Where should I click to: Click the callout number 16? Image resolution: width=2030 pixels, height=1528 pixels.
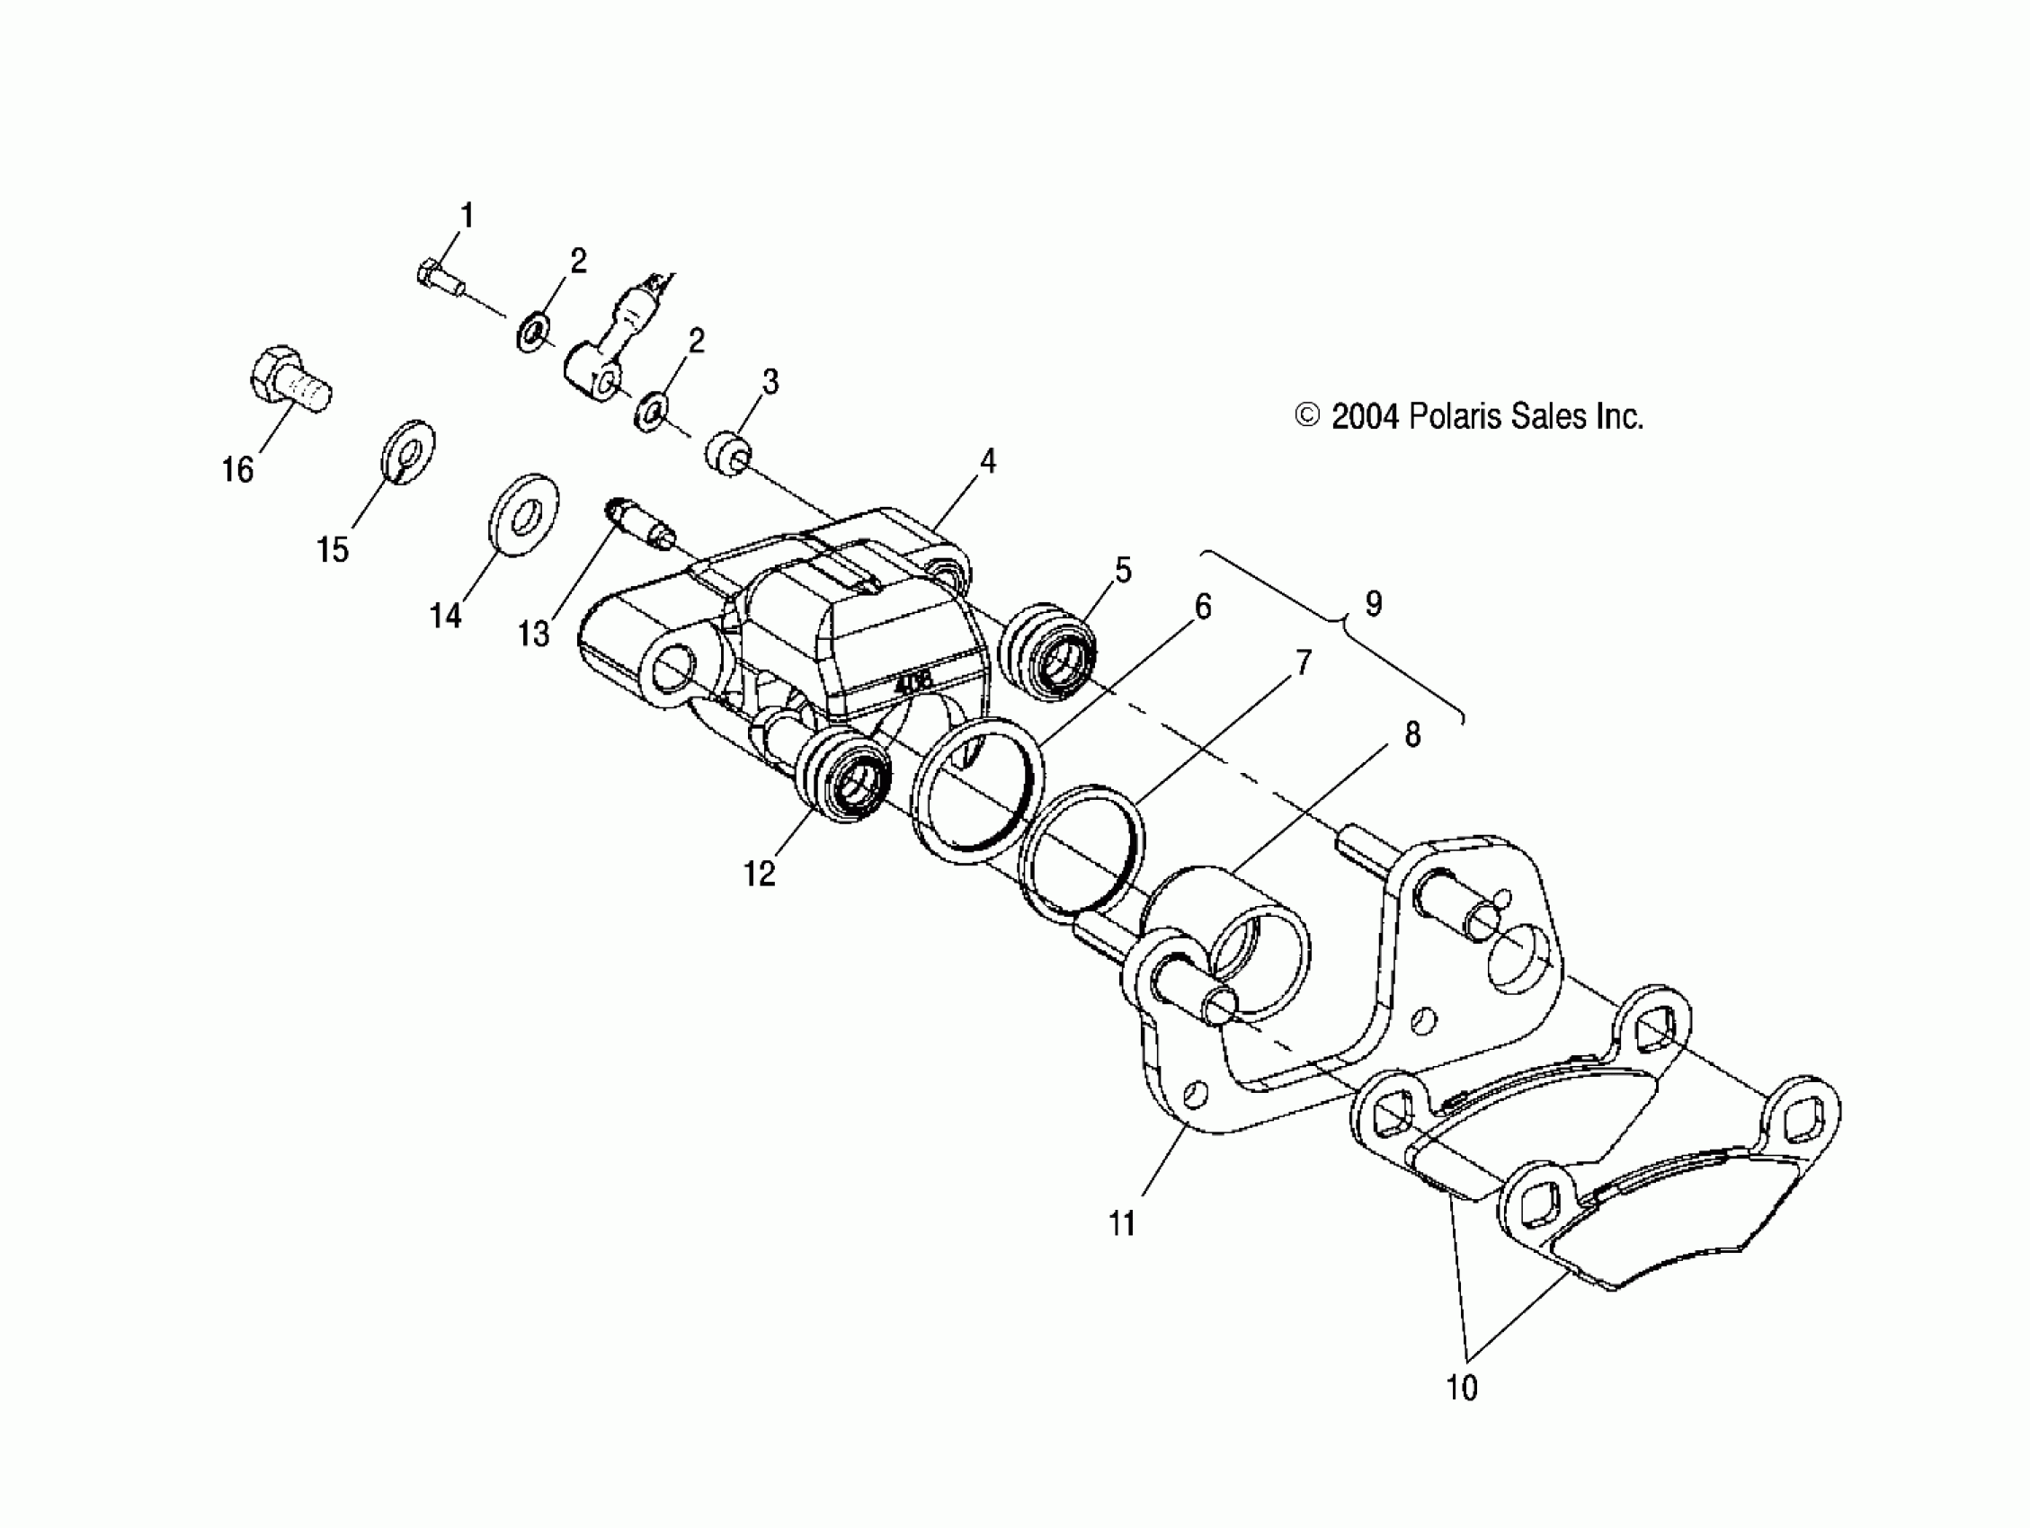click(237, 471)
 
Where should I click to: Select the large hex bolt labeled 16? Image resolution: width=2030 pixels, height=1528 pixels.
click(288, 385)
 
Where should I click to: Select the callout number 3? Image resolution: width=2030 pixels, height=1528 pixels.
click(770, 382)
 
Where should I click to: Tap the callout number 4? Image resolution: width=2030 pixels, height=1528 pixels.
click(987, 461)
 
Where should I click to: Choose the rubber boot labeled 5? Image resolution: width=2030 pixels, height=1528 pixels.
click(1052, 653)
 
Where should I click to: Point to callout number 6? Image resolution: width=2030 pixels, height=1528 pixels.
click(1202, 607)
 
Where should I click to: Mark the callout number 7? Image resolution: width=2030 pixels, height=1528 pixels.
click(1304, 662)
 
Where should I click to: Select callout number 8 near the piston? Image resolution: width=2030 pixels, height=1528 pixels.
click(1412, 734)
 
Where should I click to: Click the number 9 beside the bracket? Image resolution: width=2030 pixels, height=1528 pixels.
click(1373, 604)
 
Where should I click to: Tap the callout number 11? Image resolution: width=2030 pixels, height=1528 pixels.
click(1122, 1224)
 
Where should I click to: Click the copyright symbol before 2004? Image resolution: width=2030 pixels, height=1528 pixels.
click(1307, 417)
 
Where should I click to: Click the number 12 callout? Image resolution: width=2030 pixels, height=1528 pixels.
click(759, 875)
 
